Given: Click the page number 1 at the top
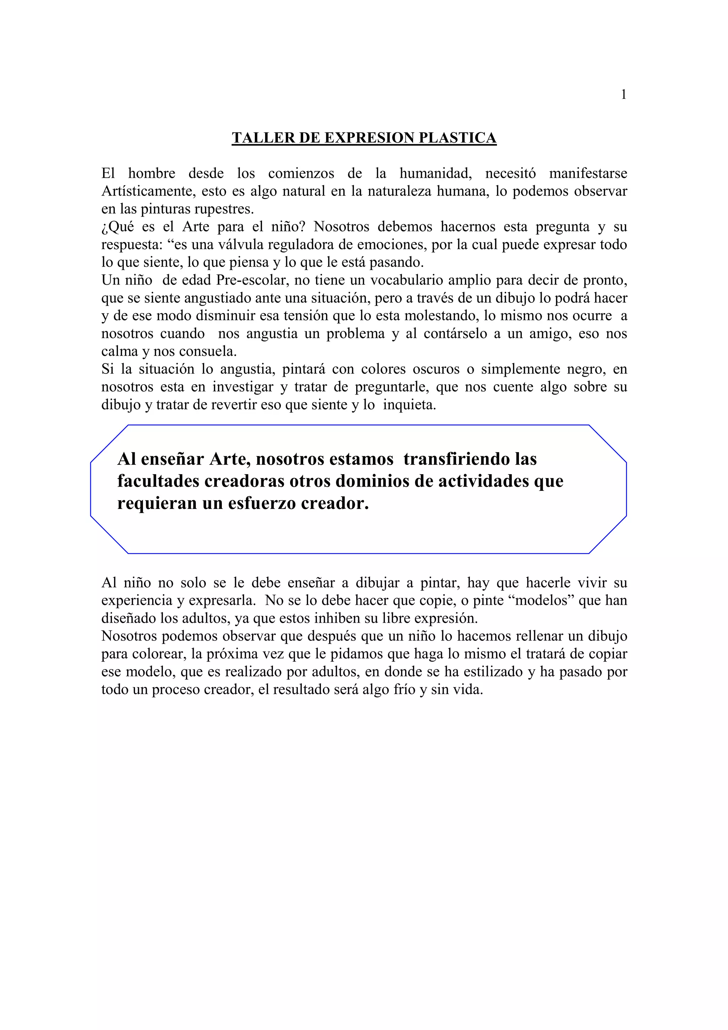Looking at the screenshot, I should (x=623, y=95).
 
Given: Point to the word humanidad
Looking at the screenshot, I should (x=435, y=173).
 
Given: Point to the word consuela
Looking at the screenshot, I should (x=208, y=351).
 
